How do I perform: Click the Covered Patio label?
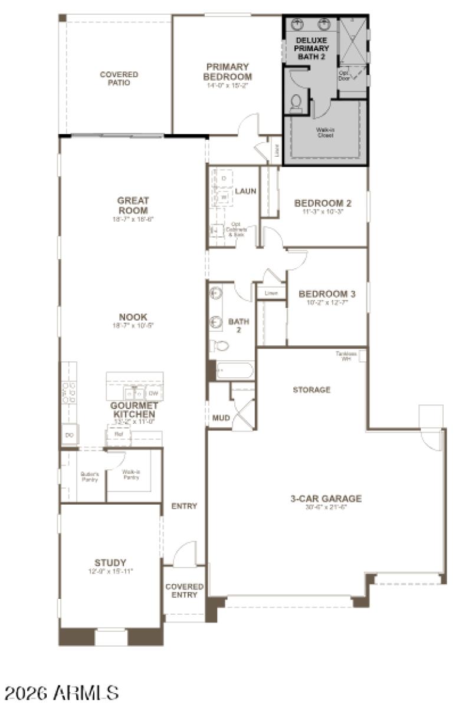[119, 78]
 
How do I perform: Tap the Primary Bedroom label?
[227, 72]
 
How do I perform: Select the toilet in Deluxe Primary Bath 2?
[296, 104]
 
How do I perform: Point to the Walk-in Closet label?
[324, 132]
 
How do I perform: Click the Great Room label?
[133, 206]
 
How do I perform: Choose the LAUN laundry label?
[245, 191]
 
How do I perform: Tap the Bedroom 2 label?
[323, 203]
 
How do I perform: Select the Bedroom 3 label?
[327, 294]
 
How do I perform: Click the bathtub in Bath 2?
[234, 370]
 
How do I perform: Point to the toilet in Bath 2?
[219, 346]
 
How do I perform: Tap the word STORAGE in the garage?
[312, 390]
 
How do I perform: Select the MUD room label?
[220, 418]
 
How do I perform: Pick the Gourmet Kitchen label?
[134, 410]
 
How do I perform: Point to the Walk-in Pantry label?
[131, 474]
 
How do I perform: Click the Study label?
[110, 562]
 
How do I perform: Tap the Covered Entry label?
[184, 591]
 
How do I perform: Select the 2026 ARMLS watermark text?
[62, 693]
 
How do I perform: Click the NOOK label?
[133, 317]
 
